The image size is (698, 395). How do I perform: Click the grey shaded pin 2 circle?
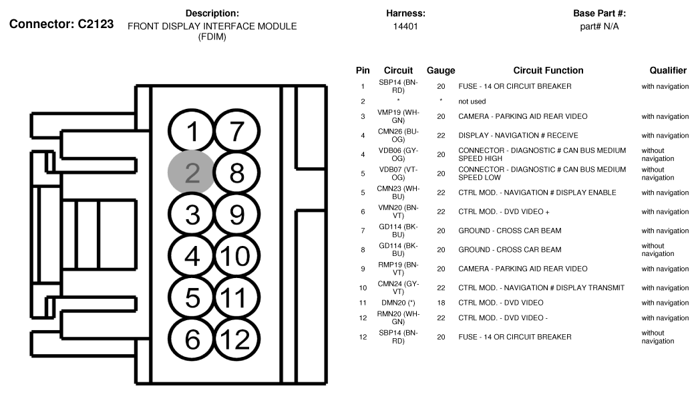click(191, 173)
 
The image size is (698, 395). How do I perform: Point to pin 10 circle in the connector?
click(235, 256)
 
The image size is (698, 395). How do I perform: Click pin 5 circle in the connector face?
click(192, 298)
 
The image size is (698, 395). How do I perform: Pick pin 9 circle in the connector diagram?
click(236, 215)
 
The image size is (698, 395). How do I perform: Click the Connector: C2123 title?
click(61, 24)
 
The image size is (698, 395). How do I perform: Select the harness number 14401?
click(405, 26)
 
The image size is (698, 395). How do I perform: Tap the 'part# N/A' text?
click(599, 26)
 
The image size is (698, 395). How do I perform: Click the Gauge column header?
click(440, 70)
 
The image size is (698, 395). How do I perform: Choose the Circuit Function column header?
click(548, 70)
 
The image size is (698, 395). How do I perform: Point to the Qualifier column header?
click(668, 70)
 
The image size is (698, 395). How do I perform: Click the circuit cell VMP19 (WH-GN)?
click(398, 116)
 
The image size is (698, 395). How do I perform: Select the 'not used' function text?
click(472, 102)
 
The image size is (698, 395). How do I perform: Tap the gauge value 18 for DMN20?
click(440, 303)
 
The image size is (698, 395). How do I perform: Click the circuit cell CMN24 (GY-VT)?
click(398, 287)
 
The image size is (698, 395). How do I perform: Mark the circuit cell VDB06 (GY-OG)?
click(398, 154)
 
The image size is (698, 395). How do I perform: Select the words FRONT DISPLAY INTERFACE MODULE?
click(212, 26)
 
